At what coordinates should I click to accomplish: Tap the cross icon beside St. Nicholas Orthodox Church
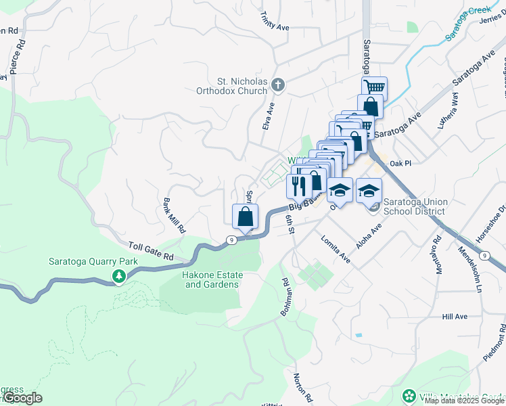click(277, 85)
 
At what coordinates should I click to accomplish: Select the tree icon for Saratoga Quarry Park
click(119, 276)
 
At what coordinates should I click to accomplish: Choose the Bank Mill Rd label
click(173, 216)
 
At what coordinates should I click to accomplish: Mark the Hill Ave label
click(455, 317)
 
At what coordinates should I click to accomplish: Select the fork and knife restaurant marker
click(299, 185)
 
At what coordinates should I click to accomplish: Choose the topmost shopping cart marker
click(374, 87)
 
